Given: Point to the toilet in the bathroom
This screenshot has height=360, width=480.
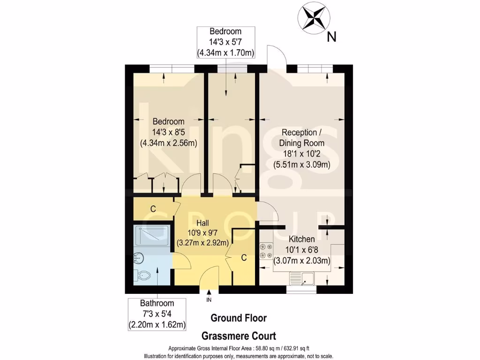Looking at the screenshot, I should [142, 275].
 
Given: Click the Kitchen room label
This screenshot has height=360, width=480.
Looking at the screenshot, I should [301, 240].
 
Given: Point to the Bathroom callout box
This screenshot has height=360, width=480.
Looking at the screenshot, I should [157, 314].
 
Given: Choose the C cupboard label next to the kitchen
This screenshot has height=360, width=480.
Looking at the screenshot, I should [244, 258].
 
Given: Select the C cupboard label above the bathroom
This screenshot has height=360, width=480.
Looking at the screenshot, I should [153, 209].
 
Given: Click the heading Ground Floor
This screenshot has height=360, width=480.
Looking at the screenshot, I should [239, 318].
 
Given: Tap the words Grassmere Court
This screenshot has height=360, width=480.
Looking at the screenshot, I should [239, 336].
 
